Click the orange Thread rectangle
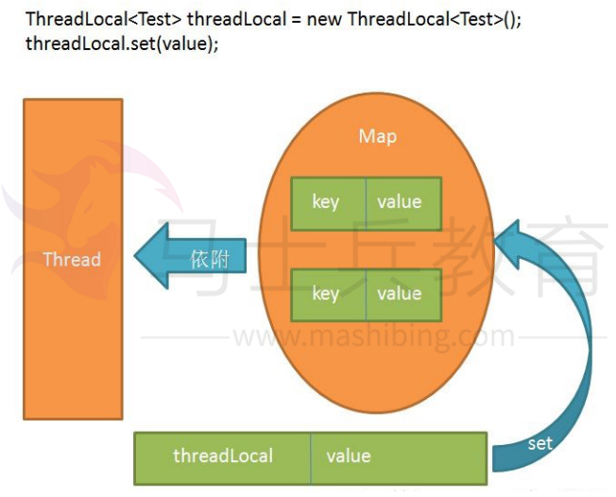[x=73, y=312]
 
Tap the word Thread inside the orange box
[x=73, y=259]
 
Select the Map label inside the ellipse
[x=377, y=137]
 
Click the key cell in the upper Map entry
[x=326, y=202]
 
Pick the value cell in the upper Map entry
[x=399, y=202]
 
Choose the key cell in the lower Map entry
[x=326, y=294]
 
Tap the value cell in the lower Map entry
[x=399, y=294]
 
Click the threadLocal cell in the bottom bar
[x=223, y=456]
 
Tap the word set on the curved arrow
[x=539, y=443]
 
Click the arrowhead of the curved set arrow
[x=516, y=244]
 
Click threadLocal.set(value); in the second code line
[x=121, y=43]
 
